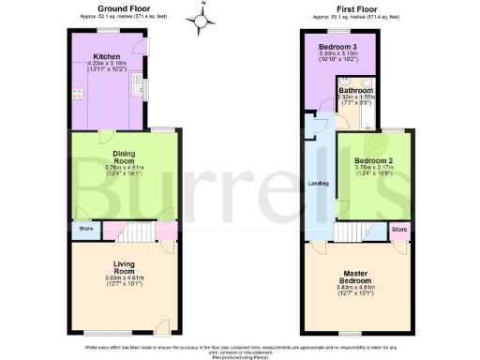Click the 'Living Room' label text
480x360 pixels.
coord(125,267)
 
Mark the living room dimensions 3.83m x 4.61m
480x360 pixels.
coord(125,279)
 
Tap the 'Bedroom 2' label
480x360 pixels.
coord(372,160)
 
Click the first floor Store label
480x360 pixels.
coord(398,229)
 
